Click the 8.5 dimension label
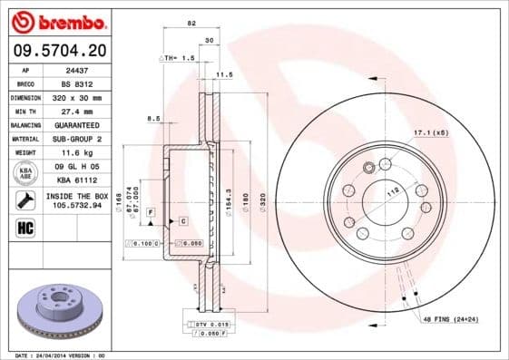(153, 119)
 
